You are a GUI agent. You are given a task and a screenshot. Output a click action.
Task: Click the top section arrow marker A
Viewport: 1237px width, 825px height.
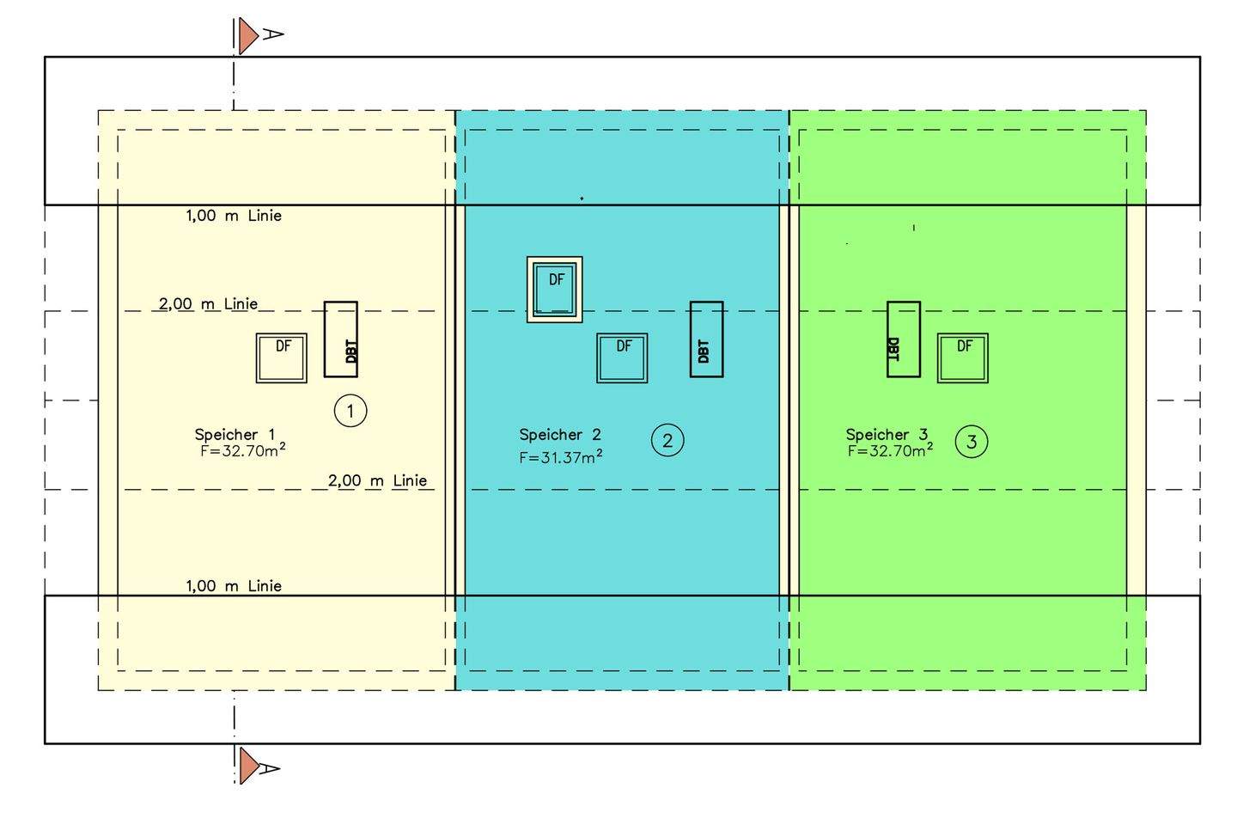[249, 35]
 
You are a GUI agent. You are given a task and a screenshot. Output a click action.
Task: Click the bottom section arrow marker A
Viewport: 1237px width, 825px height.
[249, 766]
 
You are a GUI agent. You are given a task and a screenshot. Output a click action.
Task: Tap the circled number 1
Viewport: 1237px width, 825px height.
[350, 411]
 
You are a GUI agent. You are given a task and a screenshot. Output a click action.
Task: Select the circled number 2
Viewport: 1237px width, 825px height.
[667, 441]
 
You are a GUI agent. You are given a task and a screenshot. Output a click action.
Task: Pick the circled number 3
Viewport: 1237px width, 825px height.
[972, 442]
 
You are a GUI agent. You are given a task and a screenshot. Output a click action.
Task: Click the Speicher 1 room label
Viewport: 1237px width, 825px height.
[235, 435]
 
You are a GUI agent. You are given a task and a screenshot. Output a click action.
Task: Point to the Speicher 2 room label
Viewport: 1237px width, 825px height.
[560, 435]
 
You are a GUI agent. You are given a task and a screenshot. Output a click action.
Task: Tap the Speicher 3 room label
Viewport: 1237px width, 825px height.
[887, 435]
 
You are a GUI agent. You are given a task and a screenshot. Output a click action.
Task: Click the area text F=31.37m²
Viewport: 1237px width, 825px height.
[560, 458]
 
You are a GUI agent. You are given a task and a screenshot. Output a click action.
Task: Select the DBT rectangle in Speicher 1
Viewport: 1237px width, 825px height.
[340, 339]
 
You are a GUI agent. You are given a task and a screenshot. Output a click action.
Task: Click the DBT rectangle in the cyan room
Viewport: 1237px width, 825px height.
[706, 339]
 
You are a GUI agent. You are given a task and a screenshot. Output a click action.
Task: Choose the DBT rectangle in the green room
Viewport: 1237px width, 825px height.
[903, 339]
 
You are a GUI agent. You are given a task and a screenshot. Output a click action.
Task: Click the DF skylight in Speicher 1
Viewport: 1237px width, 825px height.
[282, 357]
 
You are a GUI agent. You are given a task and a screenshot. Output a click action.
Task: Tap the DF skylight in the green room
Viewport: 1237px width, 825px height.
[962, 357]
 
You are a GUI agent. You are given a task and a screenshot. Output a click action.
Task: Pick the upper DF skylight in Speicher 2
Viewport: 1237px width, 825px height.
[555, 290]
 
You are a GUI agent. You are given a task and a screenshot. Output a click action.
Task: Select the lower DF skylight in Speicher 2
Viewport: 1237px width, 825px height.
[622, 357]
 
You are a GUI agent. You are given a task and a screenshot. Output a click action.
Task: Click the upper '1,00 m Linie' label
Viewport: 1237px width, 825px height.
[234, 216]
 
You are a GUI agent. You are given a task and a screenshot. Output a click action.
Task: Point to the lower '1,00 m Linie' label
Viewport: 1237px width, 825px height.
[234, 586]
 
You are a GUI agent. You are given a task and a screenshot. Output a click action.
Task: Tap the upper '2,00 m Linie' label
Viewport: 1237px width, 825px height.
[208, 304]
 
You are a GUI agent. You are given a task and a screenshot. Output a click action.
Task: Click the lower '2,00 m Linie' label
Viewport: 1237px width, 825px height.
[377, 481]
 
